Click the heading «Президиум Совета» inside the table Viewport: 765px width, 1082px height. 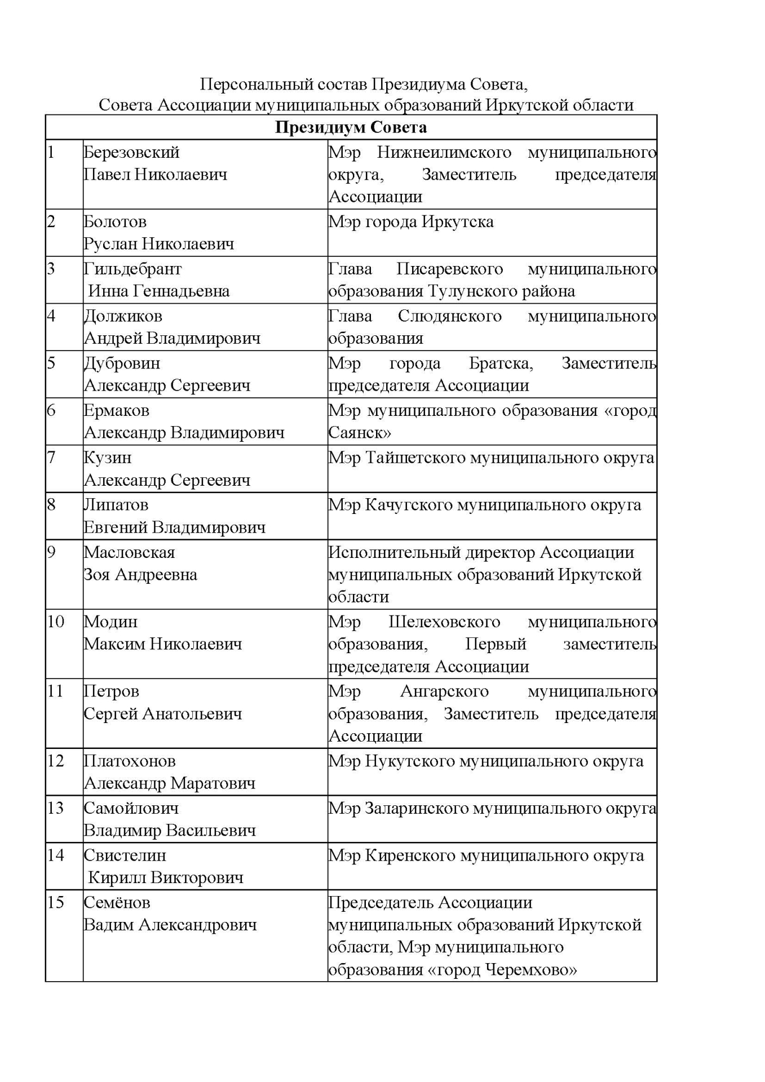(351, 127)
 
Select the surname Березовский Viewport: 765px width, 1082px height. (131, 152)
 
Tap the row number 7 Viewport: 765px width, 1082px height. (51, 457)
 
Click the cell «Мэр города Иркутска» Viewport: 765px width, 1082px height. (411, 222)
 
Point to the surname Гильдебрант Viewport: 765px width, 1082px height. (132, 269)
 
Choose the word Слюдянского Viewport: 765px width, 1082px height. (449, 316)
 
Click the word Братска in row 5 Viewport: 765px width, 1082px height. (501, 363)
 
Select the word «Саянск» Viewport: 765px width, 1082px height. (360, 433)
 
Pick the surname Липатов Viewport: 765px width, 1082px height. (116, 505)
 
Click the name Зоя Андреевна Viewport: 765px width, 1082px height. (140, 575)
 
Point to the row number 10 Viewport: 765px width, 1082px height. (55, 622)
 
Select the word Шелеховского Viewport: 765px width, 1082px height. (444, 622)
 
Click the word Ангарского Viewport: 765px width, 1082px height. (444, 691)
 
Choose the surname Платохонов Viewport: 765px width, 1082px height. (130, 761)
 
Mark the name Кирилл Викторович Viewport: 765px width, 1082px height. (166, 878)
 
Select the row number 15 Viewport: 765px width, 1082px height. (55, 903)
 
